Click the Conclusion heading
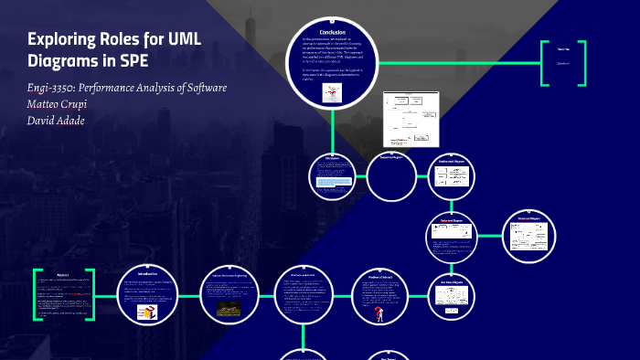(325, 32)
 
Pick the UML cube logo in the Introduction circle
(146, 312)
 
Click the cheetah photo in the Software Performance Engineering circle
(224, 309)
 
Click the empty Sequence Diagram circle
(392, 180)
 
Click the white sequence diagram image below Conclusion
(410, 120)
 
